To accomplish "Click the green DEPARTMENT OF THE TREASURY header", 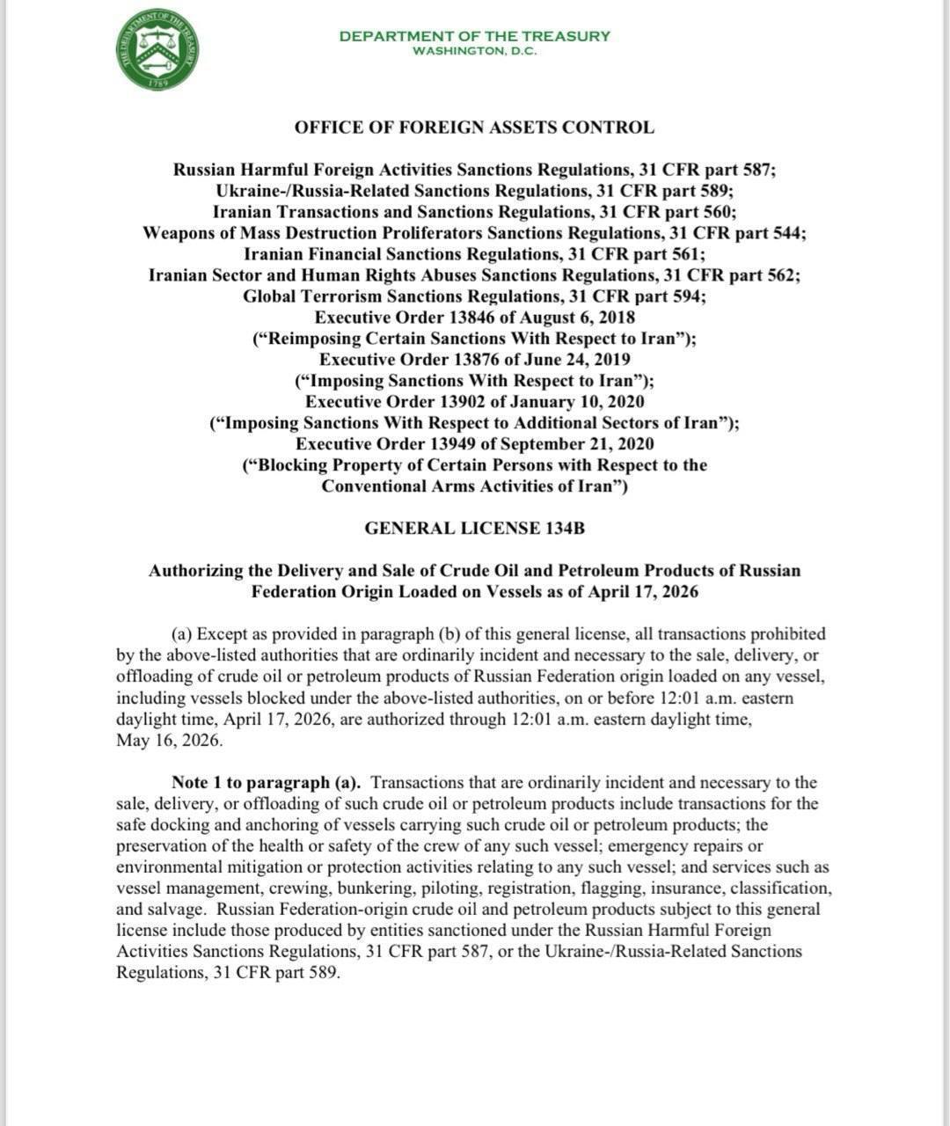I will [474, 36].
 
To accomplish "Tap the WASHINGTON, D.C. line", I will [474, 51].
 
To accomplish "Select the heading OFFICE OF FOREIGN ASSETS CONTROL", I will [474, 128].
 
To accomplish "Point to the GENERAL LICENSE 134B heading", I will [474, 529].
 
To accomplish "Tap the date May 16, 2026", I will [169, 741].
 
